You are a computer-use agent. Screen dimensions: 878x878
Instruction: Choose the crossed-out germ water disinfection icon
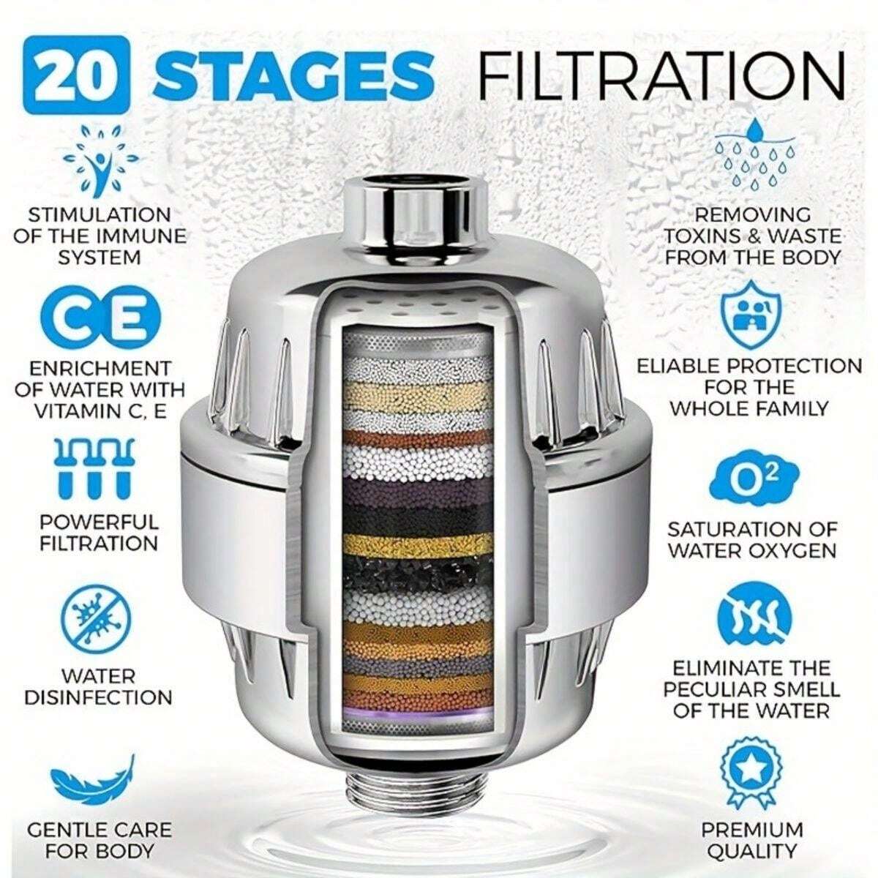(x=98, y=615)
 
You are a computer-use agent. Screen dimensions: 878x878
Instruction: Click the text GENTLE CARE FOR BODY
(x=100, y=840)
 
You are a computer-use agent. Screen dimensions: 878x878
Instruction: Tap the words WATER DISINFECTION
(x=98, y=686)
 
